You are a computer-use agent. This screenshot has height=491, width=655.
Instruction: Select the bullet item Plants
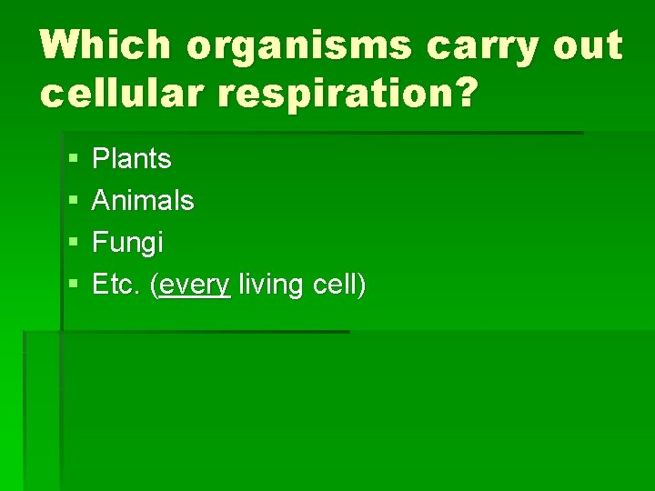tap(132, 159)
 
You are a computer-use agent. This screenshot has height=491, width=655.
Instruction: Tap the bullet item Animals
tap(143, 200)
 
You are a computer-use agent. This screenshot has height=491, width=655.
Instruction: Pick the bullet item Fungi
tap(128, 243)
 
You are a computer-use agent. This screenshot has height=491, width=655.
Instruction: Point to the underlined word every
tap(196, 286)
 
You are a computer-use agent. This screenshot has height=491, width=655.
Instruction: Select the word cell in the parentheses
tap(333, 285)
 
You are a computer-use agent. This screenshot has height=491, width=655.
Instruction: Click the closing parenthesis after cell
tap(361, 286)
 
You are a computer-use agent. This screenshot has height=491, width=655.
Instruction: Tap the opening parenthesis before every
tap(156, 286)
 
